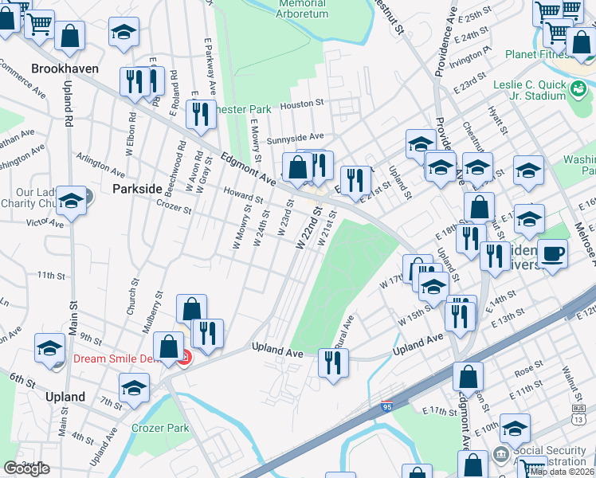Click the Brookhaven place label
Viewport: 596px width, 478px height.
[x=65, y=69]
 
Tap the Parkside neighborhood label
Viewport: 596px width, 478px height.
[x=138, y=190]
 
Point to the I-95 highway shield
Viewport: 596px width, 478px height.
[x=387, y=407]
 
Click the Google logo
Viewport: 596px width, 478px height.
[x=26, y=468]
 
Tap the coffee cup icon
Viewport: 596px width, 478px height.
[x=551, y=253]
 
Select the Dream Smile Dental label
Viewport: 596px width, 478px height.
[x=126, y=358]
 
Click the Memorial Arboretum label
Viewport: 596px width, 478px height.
[x=302, y=9]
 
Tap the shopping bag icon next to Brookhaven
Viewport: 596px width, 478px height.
[x=70, y=36]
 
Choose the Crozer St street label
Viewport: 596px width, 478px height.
[x=174, y=210]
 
